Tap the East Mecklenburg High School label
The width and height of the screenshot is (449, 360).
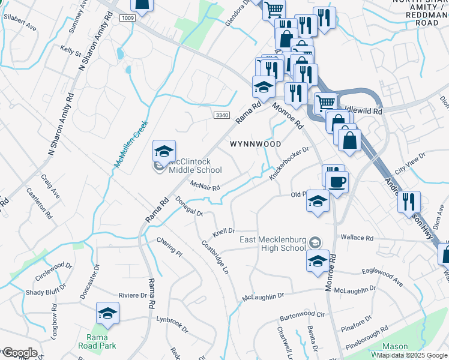(273, 244)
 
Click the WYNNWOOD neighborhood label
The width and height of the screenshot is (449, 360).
(256, 145)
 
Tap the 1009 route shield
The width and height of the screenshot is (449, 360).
(127, 19)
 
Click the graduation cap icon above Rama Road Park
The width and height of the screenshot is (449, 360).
(108, 313)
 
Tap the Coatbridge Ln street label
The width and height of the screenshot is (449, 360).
(215, 258)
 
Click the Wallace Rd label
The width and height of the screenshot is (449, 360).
(357, 238)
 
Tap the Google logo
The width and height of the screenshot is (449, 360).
(19, 353)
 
